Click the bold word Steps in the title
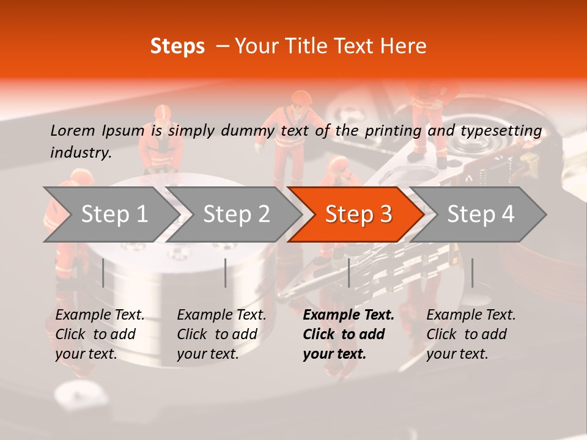[x=177, y=46]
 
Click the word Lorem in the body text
[x=73, y=130]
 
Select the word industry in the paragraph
[x=80, y=153]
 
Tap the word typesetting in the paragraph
[x=501, y=130]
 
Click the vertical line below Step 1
[x=103, y=273]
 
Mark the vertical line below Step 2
[x=226, y=273]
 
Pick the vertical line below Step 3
[x=349, y=273]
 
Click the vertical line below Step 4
[x=472, y=273]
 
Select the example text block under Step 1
[x=100, y=334]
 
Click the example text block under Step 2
[x=221, y=334]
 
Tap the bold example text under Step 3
[x=349, y=334]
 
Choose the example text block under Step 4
[x=471, y=334]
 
